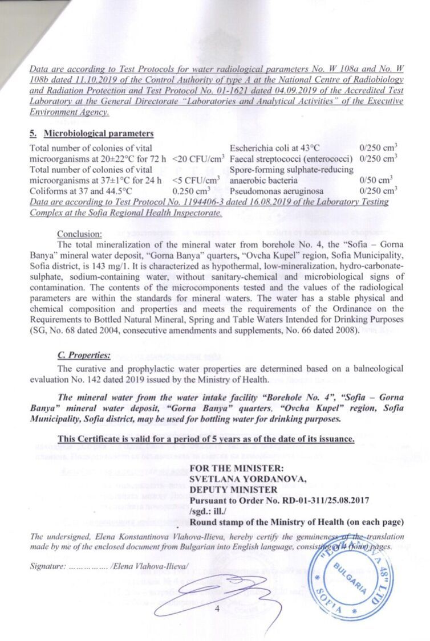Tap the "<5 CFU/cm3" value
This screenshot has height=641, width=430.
tap(196, 181)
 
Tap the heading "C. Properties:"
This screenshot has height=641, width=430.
tap(84, 355)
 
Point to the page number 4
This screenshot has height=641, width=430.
tap(217, 608)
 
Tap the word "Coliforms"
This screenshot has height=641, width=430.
tap(48, 191)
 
